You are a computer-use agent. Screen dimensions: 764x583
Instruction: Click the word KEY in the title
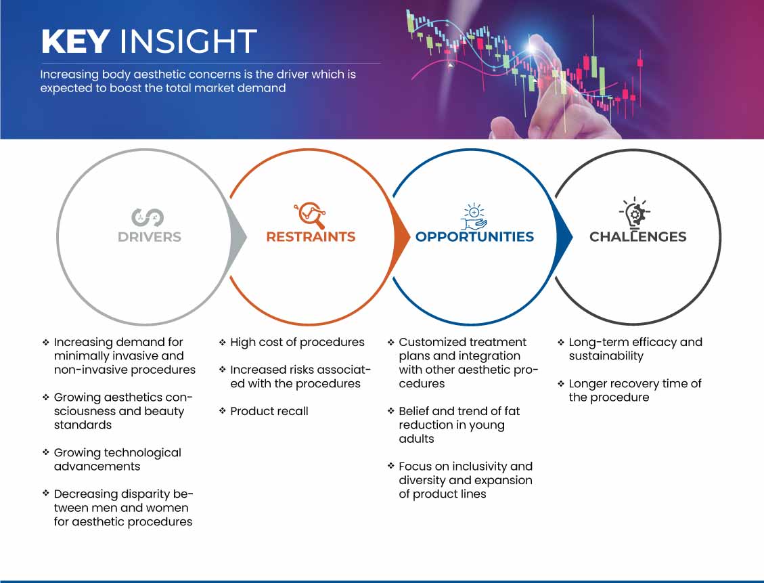pyautogui.click(x=75, y=41)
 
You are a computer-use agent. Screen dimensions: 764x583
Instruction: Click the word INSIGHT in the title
pyautogui.click(x=188, y=41)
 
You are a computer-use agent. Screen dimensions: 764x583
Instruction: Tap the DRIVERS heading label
pyautogui.click(x=150, y=237)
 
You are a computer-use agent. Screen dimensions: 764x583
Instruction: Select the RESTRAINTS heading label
pyautogui.click(x=311, y=237)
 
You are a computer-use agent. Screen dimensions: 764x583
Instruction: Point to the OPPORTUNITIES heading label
pyautogui.click(x=474, y=237)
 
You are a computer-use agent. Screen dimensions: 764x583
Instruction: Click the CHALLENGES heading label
pyautogui.click(x=638, y=237)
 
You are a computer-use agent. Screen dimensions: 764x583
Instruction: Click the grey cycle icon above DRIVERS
pyautogui.click(x=147, y=217)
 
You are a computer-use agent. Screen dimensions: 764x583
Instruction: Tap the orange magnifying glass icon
pyautogui.click(x=310, y=215)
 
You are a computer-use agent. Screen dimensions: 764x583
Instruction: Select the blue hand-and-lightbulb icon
pyautogui.click(x=474, y=217)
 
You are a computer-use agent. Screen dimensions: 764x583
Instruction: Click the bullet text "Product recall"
pyautogui.click(x=269, y=412)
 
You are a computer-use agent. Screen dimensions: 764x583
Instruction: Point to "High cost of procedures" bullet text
pyautogui.click(x=297, y=342)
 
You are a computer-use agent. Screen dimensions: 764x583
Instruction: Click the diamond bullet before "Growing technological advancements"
pyautogui.click(x=46, y=452)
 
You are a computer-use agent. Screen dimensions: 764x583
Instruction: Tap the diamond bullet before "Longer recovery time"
pyautogui.click(x=561, y=384)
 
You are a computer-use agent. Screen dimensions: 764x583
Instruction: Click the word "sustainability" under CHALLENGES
pyautogui.click(x=606, y=356)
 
